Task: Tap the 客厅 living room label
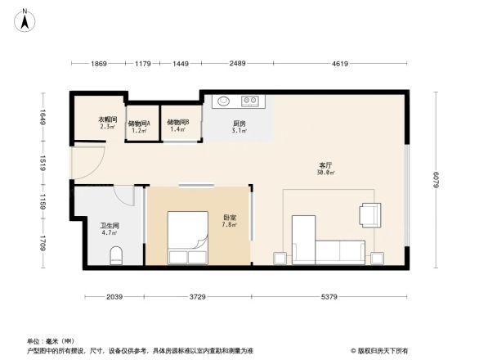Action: click(325, 164)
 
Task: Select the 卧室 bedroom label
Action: click(230, 217)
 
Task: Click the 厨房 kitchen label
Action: click(239, 123)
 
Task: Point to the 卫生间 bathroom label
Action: click(110, 225)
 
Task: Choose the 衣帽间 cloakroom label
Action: click(109, 119)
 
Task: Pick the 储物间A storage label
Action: click(138, 123)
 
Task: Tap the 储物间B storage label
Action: click(178, 123)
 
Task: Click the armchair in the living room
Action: click(369, 215)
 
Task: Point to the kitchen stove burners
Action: click(250, 102)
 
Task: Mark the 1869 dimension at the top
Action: click(98, 63)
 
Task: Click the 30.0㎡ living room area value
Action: click(325, 173)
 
